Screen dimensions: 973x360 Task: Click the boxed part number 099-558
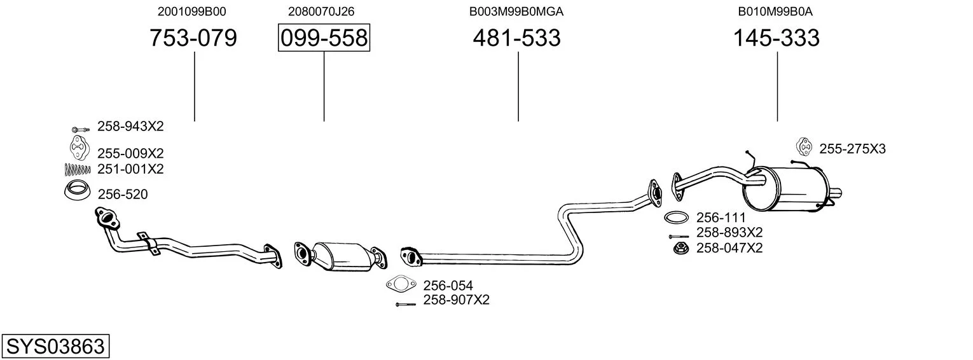coord(324,38)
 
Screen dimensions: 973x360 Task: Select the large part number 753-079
coord(193,38)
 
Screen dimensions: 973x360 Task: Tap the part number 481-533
coord(517,38)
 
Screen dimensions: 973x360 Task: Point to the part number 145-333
coord(776,38)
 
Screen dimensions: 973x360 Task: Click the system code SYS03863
coord(55,346)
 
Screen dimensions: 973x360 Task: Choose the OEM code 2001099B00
coord(191,11)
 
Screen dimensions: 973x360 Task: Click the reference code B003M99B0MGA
coord(516,11)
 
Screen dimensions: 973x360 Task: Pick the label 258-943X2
coord(130,127)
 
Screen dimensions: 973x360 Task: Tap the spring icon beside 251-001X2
coord(78,169)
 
